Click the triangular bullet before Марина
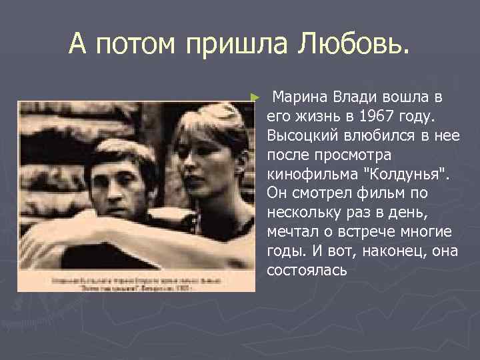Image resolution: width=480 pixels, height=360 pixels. [254, 98]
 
